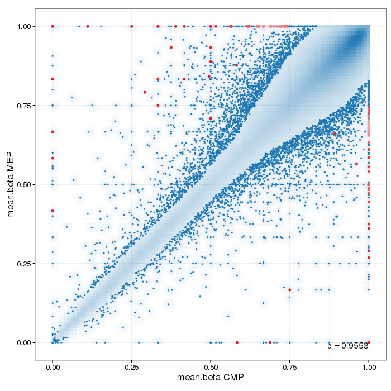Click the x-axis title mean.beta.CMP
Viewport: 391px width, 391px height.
coord(211,378)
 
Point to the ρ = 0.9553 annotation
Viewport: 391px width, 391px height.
coord(347,346)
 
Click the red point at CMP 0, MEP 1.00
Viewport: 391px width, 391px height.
coord(53,26)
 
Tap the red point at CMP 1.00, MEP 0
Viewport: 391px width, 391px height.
coord(369,342)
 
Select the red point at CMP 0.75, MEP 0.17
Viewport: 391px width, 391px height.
coord(289,290)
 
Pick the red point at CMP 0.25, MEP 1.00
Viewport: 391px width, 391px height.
coord(132,26)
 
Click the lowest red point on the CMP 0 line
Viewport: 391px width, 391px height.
coord(53,211)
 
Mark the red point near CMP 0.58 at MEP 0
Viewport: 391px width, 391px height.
coord(237,342)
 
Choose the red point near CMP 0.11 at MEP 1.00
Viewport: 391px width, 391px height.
coord(88,26)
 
